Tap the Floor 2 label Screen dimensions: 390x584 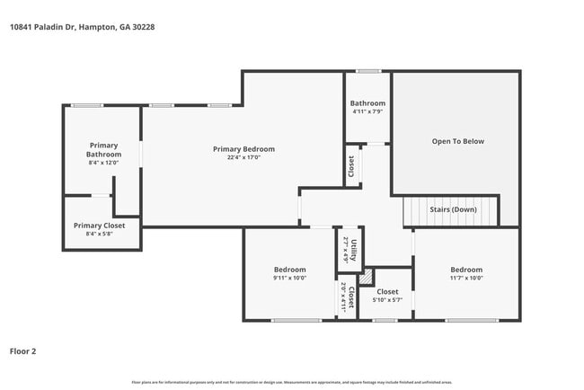[23, 351]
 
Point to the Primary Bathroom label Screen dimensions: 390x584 [103, 150]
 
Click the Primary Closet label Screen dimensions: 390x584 [100, 226]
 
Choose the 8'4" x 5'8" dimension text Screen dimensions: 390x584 [100, 235]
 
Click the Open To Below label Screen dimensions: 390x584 [457, 141]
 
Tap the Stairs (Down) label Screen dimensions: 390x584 [452, 209]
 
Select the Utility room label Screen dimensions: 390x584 [355, 247]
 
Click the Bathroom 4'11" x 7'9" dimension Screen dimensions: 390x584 [367, 111]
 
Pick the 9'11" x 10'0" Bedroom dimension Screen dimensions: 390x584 [289, 278]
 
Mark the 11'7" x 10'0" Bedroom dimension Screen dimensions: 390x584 [466, 278]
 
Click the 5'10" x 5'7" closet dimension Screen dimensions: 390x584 [387, 300]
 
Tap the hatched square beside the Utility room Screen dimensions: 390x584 [365, 277]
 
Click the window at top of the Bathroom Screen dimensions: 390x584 [367, 71]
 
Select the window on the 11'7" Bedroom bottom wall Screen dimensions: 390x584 [472, 320]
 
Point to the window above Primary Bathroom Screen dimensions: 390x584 [86, 105]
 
